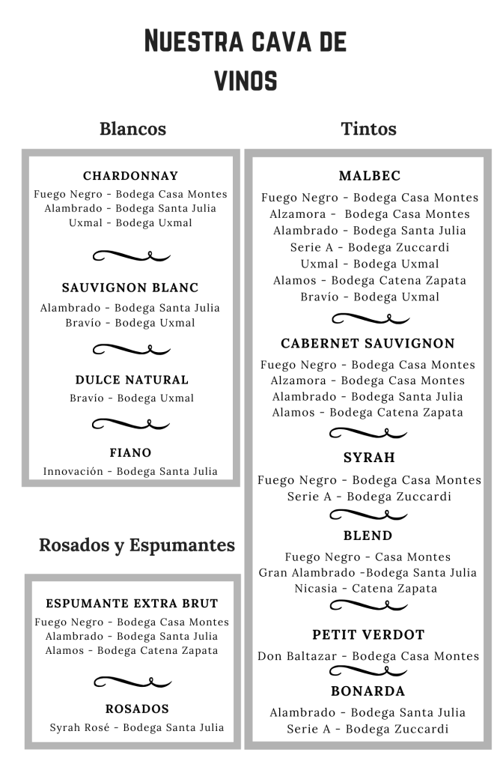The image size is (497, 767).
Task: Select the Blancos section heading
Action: [132, 129]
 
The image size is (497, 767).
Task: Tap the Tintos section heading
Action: [368, 129]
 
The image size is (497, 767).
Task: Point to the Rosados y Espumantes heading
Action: [137, 545]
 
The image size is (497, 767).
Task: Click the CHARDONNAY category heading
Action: [131, 176]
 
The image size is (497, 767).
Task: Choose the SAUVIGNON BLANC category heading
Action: [130, 288]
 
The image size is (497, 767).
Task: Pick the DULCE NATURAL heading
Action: [132, 380]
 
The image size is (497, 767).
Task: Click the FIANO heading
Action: [130, 452]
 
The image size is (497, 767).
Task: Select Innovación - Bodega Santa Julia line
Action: [130, 471]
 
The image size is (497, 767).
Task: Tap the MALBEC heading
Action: [370, 176]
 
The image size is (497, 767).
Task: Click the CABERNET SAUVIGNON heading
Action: [368, 343]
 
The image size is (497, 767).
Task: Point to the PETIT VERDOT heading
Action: [368, 634]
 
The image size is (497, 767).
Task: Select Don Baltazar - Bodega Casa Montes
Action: [368, 656]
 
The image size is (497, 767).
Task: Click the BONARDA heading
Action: [368, 691]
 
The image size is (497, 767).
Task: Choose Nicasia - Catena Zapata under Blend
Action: [366, 589]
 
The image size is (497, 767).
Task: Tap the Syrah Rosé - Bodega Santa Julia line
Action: [137, 727]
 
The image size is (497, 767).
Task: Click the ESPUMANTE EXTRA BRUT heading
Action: [132, 603]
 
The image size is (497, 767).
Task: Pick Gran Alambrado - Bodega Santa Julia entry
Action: [368, 573]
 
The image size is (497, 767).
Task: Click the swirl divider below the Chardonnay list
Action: [132, 255]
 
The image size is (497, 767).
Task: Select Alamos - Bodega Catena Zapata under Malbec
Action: [369, 280]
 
